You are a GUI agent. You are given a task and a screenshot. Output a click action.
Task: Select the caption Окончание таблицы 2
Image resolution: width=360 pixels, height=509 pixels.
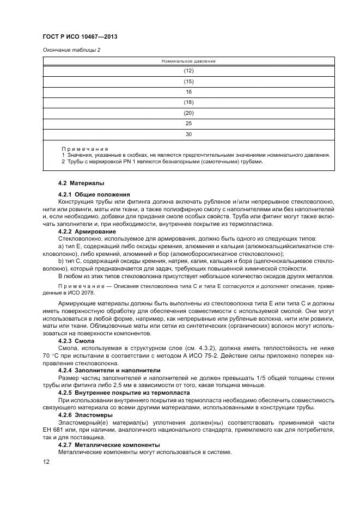click(71, 51)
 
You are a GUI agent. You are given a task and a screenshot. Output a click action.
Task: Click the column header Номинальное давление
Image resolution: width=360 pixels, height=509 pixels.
click(188, 61)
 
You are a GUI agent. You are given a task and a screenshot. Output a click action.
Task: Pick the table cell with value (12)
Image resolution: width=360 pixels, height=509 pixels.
click(188, 71)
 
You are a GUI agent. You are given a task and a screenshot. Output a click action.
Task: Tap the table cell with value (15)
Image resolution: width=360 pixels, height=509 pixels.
click(188, 82)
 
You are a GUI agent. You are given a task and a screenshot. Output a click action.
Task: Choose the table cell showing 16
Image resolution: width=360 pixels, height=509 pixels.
click(188, 92)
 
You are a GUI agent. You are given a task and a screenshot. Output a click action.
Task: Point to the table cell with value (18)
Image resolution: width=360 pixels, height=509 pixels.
click(188, 102)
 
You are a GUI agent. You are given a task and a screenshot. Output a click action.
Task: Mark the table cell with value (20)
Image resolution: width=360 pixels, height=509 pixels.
click(188, 113)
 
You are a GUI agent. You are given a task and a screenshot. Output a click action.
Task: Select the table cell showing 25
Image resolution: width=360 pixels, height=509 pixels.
click(188, 124)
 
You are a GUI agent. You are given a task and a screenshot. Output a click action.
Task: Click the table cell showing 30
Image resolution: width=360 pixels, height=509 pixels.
click(188, 134)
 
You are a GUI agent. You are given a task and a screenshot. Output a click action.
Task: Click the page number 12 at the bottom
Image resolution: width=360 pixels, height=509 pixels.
click(46, 462)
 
